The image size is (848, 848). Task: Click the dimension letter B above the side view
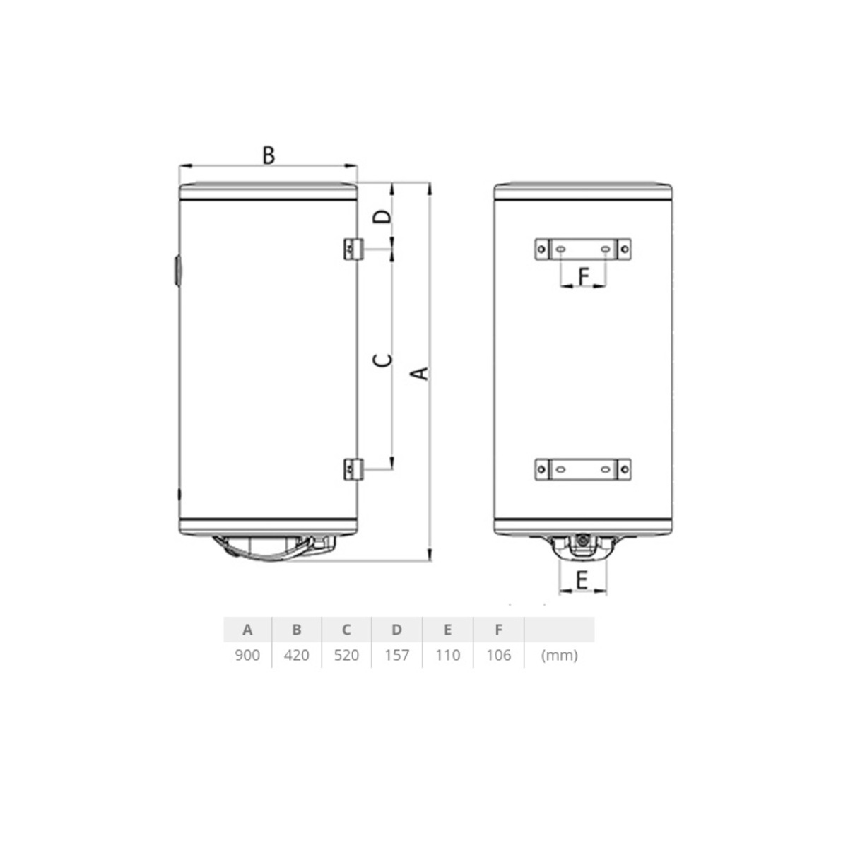point(269,155)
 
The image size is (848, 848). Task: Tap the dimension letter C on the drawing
point(382,360)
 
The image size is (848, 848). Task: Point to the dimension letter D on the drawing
point(382,216)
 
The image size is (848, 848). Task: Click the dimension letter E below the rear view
point(582,580)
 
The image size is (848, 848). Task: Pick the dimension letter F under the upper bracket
point(584,277)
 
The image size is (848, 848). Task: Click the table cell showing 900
point(247,655)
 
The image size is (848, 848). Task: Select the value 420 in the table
point(297,655)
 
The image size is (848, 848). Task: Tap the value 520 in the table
point(346,655)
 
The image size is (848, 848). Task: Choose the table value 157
point(397,655)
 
